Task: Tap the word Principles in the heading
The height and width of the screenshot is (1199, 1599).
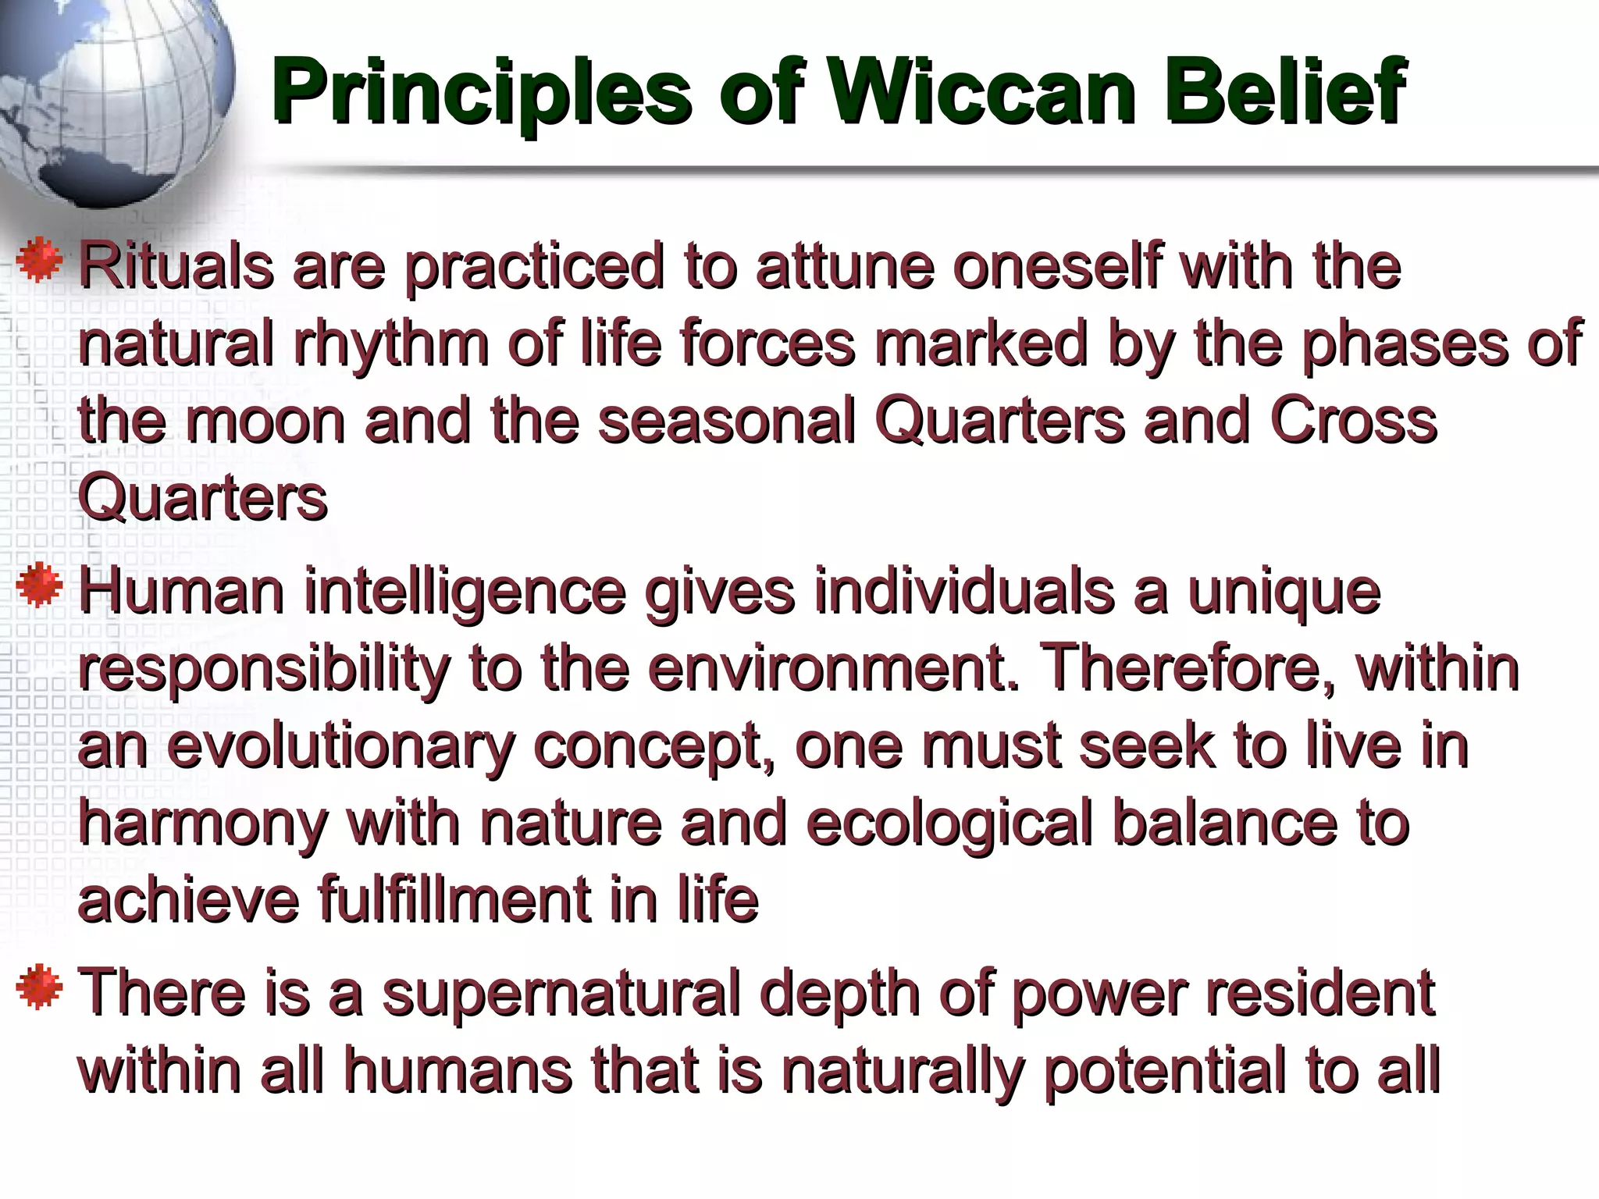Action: tap(481, 94)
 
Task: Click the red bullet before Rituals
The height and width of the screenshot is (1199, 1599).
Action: tap(39, 262)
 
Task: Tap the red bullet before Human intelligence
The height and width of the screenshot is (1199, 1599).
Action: tap(39, 587)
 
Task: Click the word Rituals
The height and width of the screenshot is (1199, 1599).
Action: tap(176, 267)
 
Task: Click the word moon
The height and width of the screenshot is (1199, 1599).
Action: tap(265, 422)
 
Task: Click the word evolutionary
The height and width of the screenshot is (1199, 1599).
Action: tap(340, 748)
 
